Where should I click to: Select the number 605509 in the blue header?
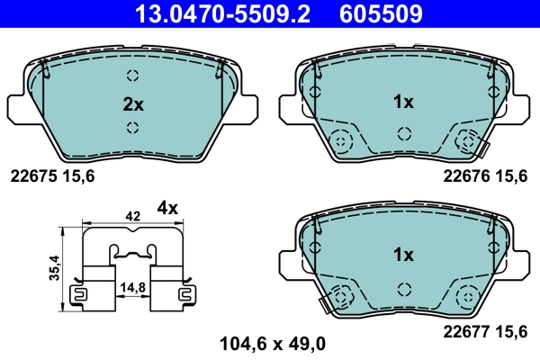[x=381, y=13]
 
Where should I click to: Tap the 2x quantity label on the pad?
[x=133, y=103]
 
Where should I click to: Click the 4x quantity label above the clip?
[x=168, y=208]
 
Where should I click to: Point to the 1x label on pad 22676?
[x=402, y=103]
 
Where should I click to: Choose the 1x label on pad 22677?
[x=402, y=255]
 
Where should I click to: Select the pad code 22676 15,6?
[x=484, y=177]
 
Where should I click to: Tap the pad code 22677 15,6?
[x=484, y=330]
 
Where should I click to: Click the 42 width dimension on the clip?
[x=132, y=217]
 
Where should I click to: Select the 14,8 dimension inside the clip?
[x=131, y=288]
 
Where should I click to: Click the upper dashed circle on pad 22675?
[x=133, y=76]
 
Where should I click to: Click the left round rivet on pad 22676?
[x=340, y=141]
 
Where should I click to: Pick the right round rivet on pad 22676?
[x=466, y=141]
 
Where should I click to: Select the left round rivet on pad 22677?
[x=340, y=294]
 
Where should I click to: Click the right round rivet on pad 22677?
[x=466, y=294]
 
